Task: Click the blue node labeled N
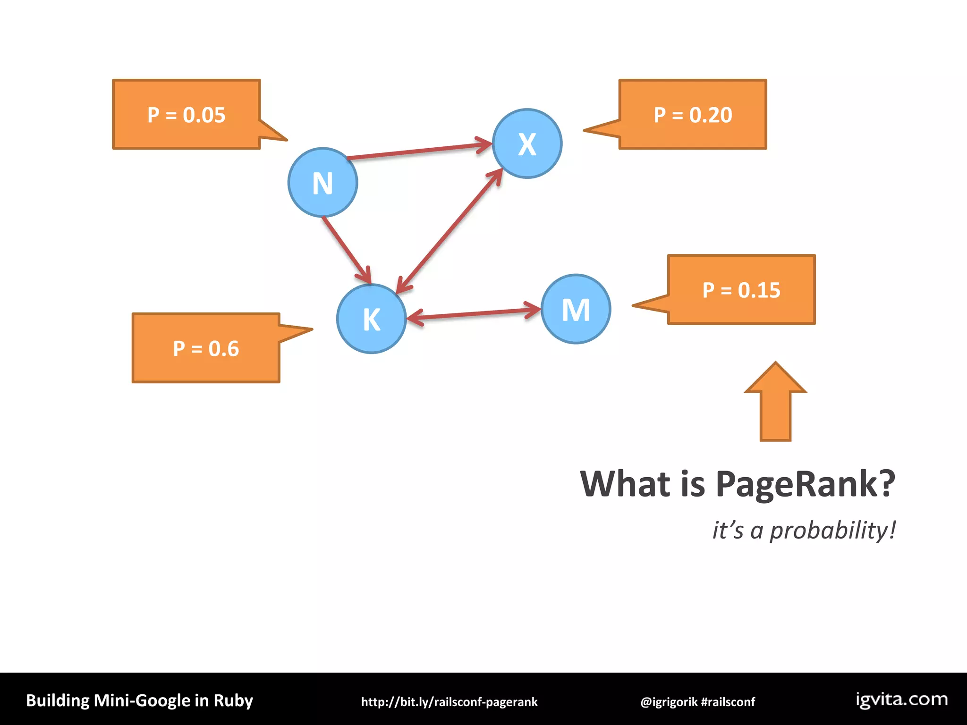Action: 322,183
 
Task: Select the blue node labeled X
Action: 527,143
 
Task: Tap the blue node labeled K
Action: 372,319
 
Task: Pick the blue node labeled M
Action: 576,309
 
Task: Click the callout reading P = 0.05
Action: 187,115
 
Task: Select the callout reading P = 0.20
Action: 693,115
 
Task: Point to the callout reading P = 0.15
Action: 741,290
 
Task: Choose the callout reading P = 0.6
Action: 206,348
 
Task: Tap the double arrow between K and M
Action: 474,314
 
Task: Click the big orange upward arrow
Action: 775,404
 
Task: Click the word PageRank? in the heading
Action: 805,484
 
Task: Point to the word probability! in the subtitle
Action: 833,530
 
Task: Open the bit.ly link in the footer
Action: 449,702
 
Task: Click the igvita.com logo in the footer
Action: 902,700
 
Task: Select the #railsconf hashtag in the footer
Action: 728,702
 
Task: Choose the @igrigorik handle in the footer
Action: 669,702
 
